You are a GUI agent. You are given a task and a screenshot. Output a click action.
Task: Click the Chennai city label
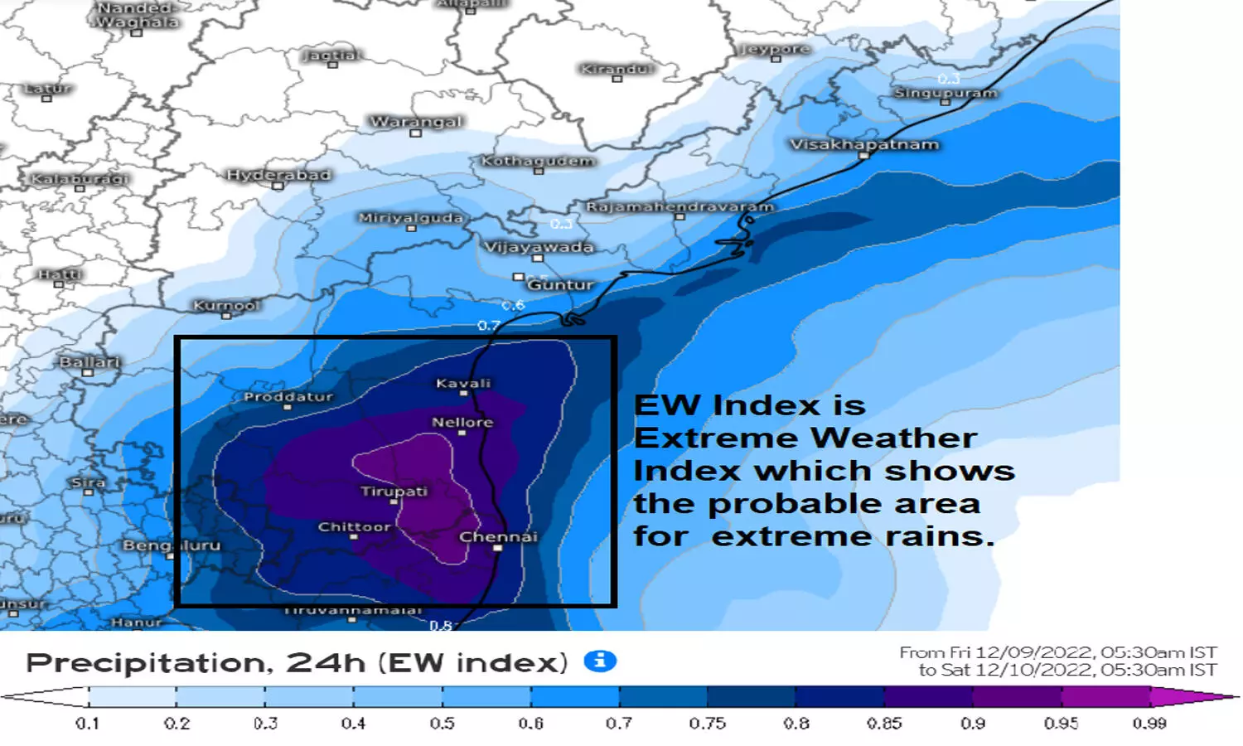click(x=498, y=537)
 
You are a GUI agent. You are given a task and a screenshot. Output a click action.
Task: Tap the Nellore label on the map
click(x=462, y=422)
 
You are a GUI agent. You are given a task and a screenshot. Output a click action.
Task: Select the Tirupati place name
click(x=394, y=492)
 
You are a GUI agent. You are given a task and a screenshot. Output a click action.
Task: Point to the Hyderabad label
click(x=278, y=175)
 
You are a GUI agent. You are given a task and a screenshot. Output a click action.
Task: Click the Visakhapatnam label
click(x=864, y=144)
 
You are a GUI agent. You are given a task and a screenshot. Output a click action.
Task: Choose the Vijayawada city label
click(x=539, y=247)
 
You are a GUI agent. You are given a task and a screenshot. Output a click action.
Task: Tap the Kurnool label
click(x=225, y=305)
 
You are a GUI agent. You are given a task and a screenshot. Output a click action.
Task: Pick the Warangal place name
click(x=416, y=122)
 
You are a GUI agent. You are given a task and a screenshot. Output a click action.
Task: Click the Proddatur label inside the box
click(x=288, y=396)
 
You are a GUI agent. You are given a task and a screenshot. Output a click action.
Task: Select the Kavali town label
click(x=463, y=383)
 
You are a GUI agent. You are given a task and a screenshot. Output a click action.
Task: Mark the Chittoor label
click(x=354, y=526)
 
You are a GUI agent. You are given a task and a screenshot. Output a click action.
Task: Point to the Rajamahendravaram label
click(x=680, y=206)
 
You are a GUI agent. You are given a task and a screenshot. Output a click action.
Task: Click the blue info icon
click(x=600, y=661)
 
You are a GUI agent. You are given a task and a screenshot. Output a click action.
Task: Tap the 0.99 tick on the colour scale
click(x=1149, y=724)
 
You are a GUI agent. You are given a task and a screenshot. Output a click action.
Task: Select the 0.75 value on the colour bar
click(x=707, y=724)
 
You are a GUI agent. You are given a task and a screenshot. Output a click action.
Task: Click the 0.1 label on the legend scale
click(x=88, y=724)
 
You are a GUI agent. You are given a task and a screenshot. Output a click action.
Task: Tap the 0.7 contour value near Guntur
click(x=489, y=326)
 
